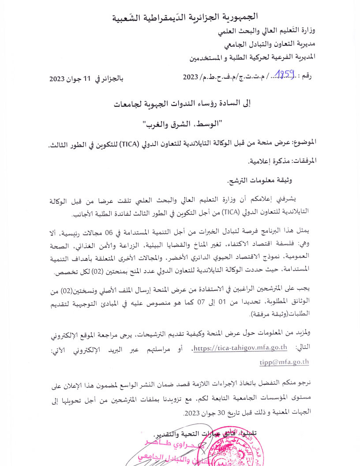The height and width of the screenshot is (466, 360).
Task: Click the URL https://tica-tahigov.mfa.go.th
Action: pos(240,348)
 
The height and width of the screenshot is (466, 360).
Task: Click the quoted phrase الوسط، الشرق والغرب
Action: pos(184,124)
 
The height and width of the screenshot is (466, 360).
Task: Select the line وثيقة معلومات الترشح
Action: pos(259,180)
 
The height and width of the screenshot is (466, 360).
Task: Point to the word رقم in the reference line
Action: pos(305,77)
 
